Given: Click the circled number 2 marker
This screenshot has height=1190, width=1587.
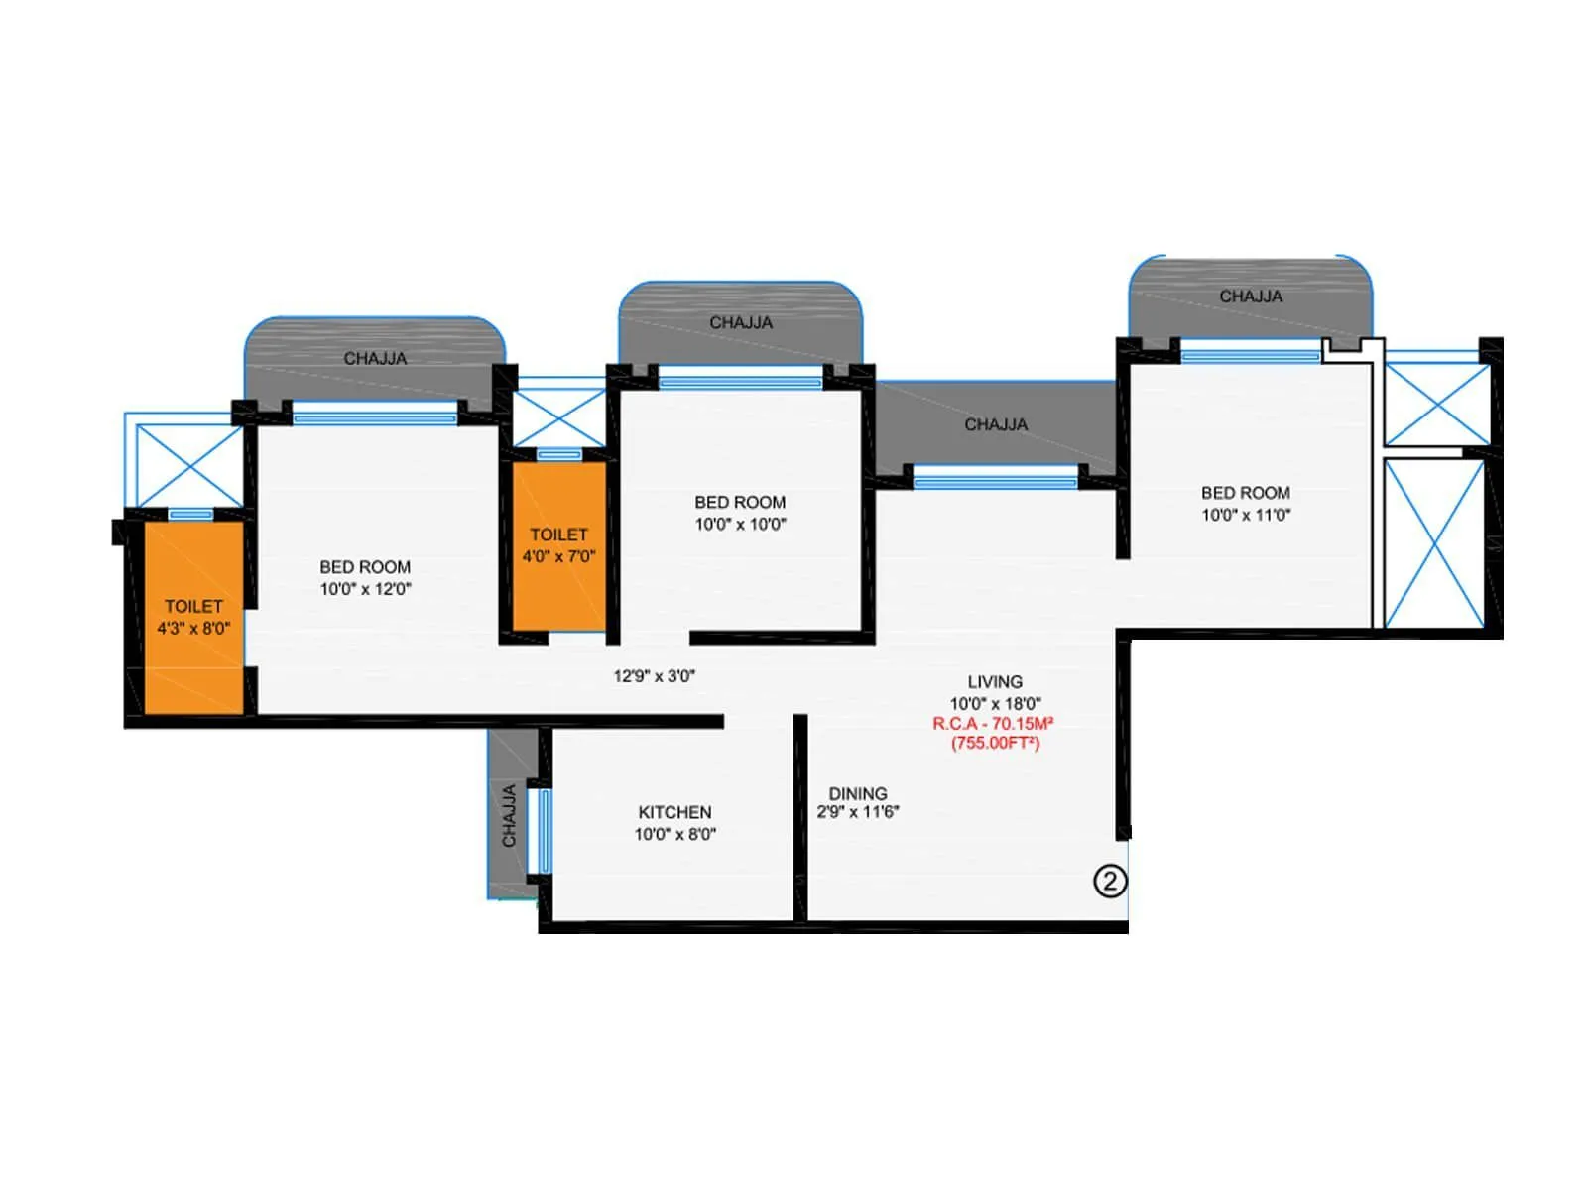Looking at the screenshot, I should point(1110,881).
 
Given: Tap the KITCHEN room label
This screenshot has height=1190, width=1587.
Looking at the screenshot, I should point(674,812).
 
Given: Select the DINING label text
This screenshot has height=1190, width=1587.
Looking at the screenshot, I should point(858,793).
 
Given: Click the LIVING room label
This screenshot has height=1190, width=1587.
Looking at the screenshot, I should point(995,681).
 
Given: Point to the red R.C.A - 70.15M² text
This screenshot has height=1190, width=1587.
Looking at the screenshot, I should point(993,724).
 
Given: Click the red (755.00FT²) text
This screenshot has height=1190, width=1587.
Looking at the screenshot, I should point(995,743).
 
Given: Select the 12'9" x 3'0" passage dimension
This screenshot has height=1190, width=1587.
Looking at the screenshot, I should point(655,676).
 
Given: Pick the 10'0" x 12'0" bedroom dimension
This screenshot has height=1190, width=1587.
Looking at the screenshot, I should point(365,589).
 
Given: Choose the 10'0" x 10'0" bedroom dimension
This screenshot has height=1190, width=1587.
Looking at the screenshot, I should point(740,525).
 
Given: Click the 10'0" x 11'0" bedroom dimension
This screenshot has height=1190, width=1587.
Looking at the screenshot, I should point(1246,515).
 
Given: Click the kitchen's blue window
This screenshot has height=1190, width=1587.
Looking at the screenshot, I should point(545,830).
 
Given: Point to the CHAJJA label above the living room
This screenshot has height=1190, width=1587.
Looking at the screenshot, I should point(996,424).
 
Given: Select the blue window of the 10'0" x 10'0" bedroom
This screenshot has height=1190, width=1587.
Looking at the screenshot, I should point(740,382).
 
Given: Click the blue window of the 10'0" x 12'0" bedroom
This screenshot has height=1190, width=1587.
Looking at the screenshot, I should point(375,418).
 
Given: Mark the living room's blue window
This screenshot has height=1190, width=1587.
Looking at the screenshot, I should point(995,482).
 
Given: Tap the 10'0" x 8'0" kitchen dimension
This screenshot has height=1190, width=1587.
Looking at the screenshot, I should point(674,835).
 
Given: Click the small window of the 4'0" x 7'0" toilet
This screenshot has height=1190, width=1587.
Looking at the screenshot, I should point(559,454).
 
